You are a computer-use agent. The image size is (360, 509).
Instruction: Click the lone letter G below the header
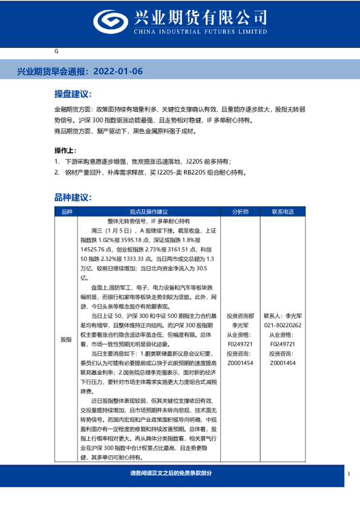(56, 51)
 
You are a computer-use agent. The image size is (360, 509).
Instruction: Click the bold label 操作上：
(66, 150)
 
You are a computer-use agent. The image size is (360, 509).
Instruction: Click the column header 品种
(67, 212)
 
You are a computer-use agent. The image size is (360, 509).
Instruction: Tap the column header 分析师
(240, 212)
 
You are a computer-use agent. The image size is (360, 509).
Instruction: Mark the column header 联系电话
(283, 212)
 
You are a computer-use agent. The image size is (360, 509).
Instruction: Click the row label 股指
(67, 339)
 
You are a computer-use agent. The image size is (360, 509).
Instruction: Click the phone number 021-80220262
(283, 325)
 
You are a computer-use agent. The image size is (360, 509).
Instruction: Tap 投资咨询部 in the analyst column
(240, 316)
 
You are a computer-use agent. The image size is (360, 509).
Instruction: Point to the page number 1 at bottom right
(349, 473)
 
